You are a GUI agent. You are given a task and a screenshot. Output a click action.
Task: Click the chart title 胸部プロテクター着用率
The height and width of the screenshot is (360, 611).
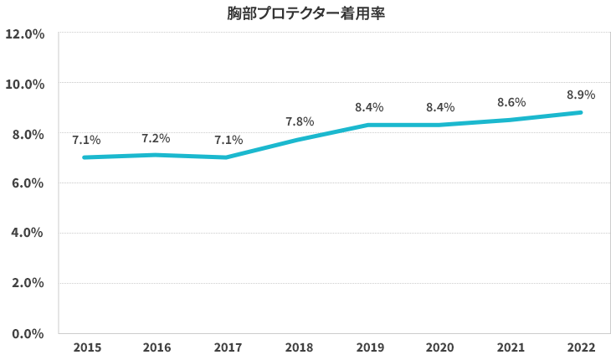click(305, 13)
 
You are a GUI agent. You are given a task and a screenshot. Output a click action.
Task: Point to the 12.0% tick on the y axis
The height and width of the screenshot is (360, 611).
click(24, 34)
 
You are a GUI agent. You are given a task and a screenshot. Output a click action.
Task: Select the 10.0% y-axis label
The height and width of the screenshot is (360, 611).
click(24, 85)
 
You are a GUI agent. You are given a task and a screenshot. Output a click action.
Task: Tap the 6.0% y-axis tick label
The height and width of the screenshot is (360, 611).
click(27, 183)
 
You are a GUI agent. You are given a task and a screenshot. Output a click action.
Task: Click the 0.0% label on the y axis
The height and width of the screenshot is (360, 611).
click(27, 333)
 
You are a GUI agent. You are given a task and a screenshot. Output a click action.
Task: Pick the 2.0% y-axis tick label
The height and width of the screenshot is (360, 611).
click(27, 283)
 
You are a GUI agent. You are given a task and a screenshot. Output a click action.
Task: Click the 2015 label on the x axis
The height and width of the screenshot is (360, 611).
click(86, 347)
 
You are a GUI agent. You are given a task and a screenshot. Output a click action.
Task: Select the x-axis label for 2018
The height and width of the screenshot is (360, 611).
click(298, 347)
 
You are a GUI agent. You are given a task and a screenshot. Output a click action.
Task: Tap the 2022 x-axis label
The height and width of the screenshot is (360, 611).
click(581, 347)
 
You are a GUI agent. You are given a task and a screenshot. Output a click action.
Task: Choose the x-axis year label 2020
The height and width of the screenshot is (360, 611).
click(439, 347)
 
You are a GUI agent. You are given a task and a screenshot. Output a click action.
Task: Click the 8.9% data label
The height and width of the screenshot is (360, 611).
click(581, 95)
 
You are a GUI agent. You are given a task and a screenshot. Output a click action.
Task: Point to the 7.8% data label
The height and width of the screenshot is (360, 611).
click(299, 122)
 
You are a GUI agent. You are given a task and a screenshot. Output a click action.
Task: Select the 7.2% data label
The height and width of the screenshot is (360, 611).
click(157, 137)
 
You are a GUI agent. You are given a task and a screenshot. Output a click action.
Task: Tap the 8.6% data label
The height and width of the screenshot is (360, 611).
click(511, 102)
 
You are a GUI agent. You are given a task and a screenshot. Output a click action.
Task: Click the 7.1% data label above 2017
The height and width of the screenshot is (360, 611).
click(228, 140)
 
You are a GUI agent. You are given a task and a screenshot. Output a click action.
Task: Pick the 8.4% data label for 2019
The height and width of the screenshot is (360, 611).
click(369, 107)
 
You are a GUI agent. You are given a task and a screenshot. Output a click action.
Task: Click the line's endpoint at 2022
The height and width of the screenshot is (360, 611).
click(580, 112)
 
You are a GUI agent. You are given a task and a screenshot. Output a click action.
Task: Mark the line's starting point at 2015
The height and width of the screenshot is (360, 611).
click(85, 157)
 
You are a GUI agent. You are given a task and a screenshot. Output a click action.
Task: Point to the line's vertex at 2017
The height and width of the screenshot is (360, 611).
click(227, 157)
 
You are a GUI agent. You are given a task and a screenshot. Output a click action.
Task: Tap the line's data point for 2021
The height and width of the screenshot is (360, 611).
click(510, 120)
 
